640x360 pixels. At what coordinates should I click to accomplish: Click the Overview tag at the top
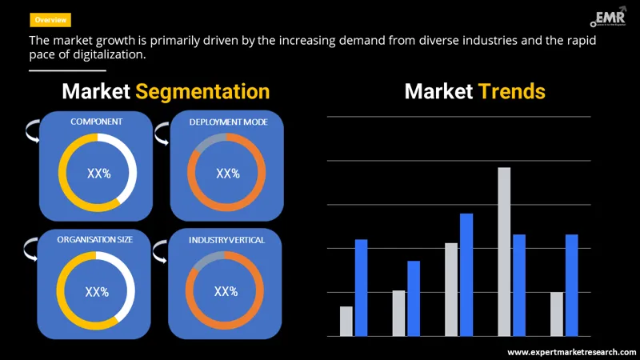pos(50,19)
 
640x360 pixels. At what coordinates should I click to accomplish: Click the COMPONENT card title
pos(97,122)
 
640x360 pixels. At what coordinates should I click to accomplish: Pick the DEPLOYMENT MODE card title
pos(228,122)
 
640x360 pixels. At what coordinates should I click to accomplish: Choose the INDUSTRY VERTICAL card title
pos(226,240)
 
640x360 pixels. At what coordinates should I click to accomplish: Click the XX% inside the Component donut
pos(98,173)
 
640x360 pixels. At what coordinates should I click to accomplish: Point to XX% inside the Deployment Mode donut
pos(228,174)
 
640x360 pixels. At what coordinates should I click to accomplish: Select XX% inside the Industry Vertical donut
pos(226,291)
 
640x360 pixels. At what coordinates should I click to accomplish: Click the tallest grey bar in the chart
pos(504,251)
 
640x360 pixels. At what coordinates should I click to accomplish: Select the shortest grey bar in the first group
pos(346,321)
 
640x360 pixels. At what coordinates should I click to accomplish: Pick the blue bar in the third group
pos(466,274)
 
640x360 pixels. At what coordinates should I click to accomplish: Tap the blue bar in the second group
pos(414,298)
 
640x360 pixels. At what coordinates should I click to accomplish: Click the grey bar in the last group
pos(557,314)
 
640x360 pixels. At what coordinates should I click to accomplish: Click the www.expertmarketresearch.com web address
pos(571,351)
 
